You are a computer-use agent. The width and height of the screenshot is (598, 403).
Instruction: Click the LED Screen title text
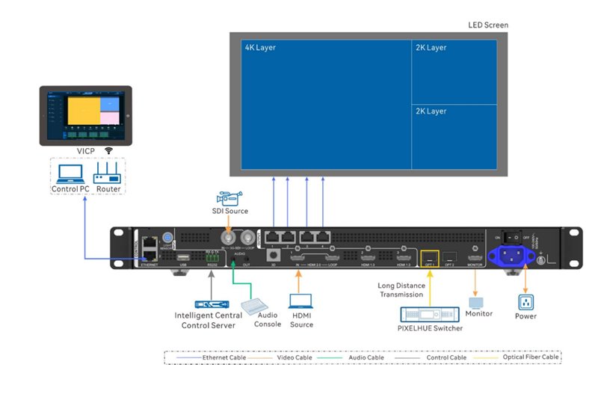pos(488,25)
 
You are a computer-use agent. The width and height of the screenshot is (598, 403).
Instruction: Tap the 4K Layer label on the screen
pos(260,48)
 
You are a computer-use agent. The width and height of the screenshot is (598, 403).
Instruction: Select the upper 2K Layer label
pos(431,48)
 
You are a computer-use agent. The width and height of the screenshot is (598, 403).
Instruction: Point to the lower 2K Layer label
pos(431,111)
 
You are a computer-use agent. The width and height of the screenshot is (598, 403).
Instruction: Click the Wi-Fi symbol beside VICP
pos(108,150)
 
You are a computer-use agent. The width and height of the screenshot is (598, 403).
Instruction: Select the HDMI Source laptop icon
pos(301,301)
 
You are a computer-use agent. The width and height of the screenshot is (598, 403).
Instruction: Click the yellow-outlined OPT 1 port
pos(428,256)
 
